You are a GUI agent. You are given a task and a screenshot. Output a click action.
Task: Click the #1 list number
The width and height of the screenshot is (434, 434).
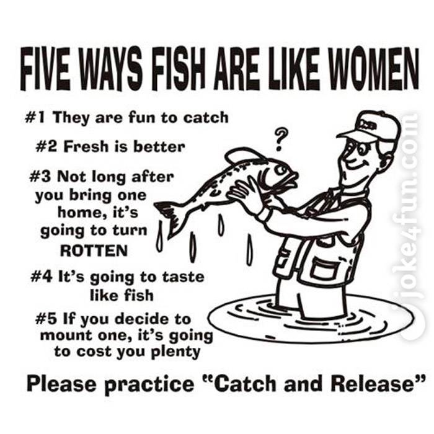(x=35, y=118)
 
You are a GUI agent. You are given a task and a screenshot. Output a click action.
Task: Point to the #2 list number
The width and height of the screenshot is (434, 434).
(x=46, y=147)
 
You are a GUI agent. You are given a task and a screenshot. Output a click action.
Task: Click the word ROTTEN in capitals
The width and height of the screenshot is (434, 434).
(x=94, y=250)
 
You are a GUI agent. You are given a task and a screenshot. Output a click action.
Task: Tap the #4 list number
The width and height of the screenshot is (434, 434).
(x=42, y=277)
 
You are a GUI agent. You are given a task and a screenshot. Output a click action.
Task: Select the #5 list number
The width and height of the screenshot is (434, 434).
(x=46, y=319)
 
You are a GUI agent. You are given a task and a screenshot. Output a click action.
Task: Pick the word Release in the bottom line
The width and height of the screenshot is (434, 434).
(x=373, y=384)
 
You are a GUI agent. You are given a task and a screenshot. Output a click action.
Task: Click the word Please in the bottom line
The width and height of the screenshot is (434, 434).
(x=63, y=384)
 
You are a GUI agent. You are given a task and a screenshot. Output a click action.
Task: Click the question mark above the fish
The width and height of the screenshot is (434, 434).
(x=280, y=139)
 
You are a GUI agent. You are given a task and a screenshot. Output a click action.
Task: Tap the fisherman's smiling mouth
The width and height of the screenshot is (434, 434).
(x=356, y=163)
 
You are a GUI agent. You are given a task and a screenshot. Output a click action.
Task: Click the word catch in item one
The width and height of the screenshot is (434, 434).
(x=206, y=118)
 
